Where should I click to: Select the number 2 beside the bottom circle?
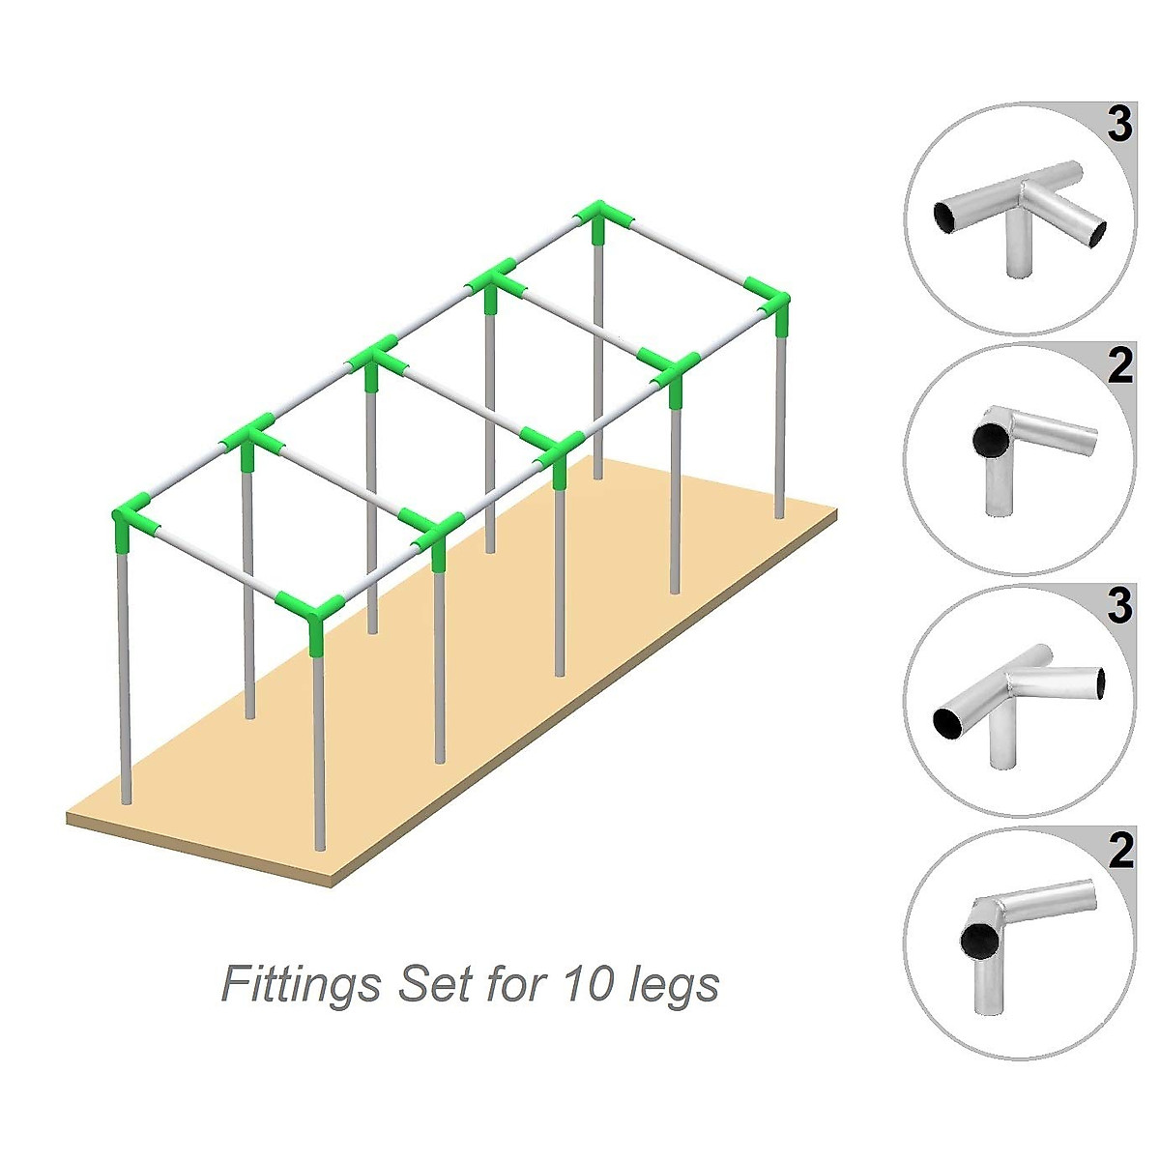[1118, 851]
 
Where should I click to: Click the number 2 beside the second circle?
[1118, 366]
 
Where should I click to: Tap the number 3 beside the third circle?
[1118, 606]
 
